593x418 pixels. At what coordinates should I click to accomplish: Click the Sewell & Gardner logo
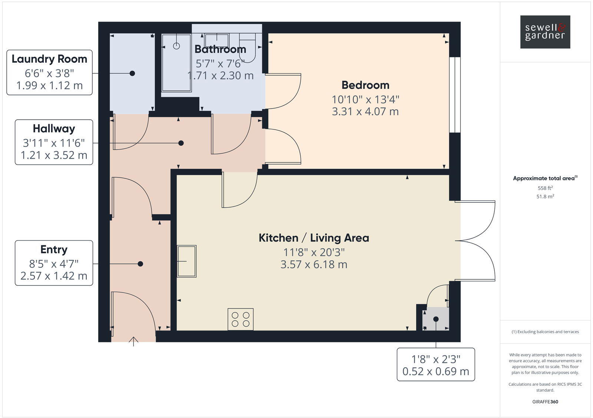coord(545,32)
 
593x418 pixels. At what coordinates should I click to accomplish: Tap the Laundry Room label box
coord(49,72)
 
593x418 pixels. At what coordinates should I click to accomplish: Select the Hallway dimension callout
coord(54,142)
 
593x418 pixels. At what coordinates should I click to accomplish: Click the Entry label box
coord(54,263)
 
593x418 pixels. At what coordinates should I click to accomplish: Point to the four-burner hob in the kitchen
coord(241,319)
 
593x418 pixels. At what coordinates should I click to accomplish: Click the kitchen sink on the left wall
coord(186,261)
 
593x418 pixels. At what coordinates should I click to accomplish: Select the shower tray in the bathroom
coord(176,63)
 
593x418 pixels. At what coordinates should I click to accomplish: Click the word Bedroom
coord(365,85)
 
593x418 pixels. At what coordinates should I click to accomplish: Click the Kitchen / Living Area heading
coord(314,238)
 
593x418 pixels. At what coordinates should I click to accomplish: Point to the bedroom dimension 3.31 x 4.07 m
coord(365,111)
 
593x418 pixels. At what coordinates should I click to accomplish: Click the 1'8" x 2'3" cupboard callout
coord(435,364)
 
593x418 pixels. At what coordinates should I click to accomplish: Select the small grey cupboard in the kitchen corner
coord(436,319)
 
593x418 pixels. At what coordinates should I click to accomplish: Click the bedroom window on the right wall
coord(454,95)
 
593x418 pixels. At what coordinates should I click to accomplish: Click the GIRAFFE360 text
coord(545,402)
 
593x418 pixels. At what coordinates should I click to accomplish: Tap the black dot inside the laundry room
coord(132,73)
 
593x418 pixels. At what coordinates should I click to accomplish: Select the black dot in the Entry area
coord(140,264)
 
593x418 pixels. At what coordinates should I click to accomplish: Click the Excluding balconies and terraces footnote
coord(545,332)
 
